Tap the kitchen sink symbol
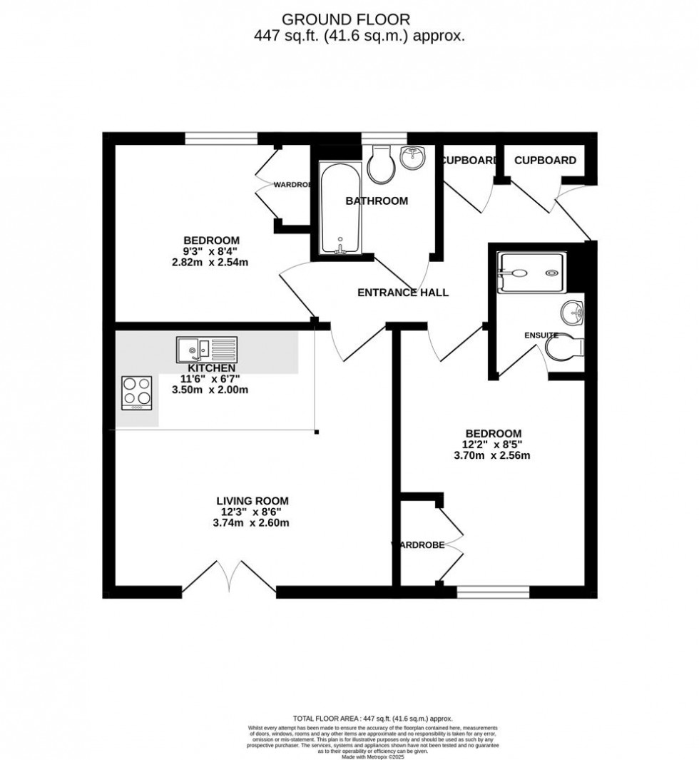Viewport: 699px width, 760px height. point(206,349)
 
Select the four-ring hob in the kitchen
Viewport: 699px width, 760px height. point(138,392)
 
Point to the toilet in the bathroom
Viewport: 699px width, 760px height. point(380,164)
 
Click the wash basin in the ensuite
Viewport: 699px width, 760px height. point(573,311)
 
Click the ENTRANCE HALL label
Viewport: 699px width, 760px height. point(402,293)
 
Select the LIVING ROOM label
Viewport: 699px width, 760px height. point(252,501)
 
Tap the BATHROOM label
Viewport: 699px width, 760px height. point(377,201)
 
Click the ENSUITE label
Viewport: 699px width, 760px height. point(541,335)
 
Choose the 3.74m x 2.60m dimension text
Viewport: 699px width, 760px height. point(252,523)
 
